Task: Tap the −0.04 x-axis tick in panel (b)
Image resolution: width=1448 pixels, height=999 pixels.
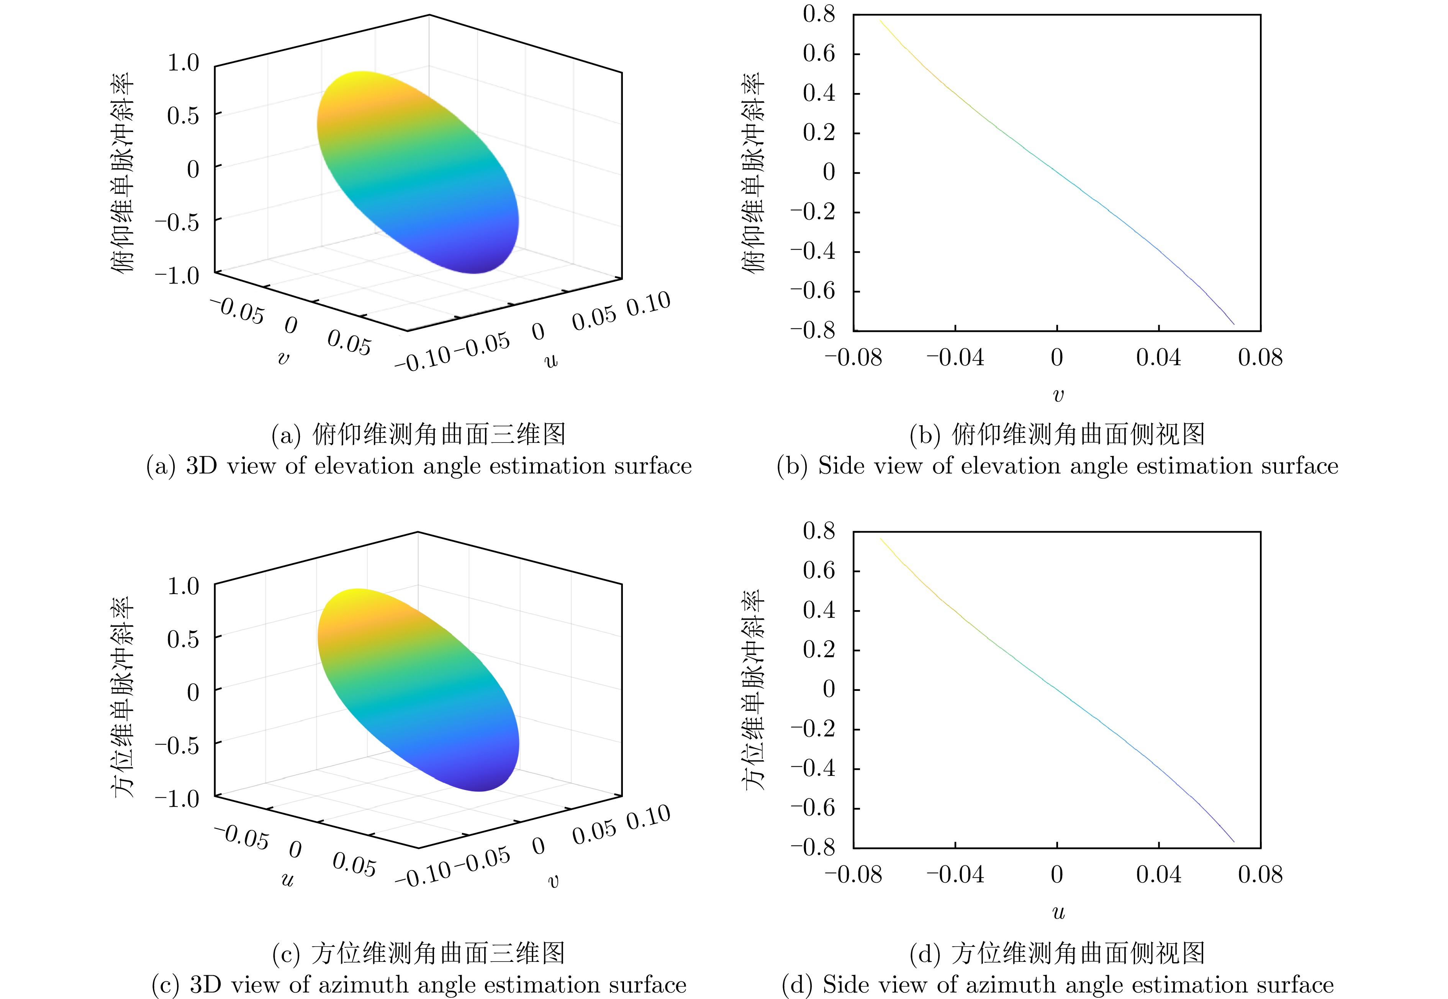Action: pyautogui.click(x=955, y=357)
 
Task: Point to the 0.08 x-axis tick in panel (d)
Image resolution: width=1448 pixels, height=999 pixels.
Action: pyautogui.click(x=1260, y=875)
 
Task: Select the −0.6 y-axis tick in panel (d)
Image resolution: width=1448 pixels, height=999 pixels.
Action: pyautogui.click(x=813, y=808)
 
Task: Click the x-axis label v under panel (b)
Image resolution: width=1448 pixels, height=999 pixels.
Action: pyautogui.click(x=1058, y=395)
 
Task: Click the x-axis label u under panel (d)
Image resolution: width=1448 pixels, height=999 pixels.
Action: pyautogui.click(x=1058, y=912)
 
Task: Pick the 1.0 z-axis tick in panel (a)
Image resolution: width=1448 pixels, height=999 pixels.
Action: pyautogui.click(x=182, y=63)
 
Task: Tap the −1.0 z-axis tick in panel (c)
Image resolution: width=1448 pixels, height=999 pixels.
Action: pyautogui.click(x=177, y=799)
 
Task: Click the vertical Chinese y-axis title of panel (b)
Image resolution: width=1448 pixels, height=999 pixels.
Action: pyautogui.click(x=753, y=172)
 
